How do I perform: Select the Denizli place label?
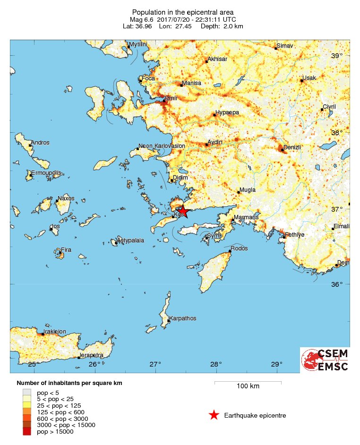(x=291, y=147)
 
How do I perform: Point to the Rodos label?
(x=240, y=248)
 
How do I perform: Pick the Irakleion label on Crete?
(x=55, y=332)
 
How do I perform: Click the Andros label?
(x=40, y=143)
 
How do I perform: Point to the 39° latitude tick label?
(x=337, y=56)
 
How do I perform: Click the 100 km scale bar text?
(x=248, y=386)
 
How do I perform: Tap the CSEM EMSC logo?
(x=325, y=360)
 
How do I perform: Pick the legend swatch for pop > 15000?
(x=27, y=431)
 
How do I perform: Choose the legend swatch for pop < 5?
(x=27, y=393)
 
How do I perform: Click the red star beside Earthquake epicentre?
(x=214, y=415)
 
